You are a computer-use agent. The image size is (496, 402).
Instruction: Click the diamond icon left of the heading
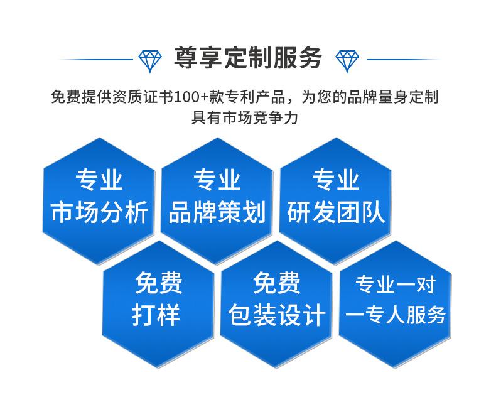click(150, 61)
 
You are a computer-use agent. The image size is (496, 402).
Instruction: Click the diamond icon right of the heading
click(347, 61)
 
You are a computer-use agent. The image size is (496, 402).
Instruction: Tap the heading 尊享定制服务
click(249, 58)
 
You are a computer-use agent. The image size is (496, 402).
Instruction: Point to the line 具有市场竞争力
click(245, 117)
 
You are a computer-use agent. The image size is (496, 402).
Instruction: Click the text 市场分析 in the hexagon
click(99, 212)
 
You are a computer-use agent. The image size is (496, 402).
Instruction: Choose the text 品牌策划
click(217, 212)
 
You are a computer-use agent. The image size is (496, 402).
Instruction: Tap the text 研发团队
click(336, 212)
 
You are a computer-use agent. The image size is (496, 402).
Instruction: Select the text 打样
click(156, 315)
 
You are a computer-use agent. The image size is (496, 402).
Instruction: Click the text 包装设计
click(277, 315)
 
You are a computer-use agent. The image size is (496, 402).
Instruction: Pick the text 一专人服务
click(396, 315)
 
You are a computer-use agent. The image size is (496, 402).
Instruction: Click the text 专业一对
click(396, 285)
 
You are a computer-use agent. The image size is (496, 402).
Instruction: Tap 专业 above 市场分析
click(99, 180)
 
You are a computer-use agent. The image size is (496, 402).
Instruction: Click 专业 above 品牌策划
click(217, 180)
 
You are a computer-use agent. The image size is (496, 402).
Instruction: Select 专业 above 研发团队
click(336, 180)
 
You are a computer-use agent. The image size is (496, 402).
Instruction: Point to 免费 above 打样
click(159, 283)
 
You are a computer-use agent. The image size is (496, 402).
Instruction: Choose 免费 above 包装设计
click(277, 283)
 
